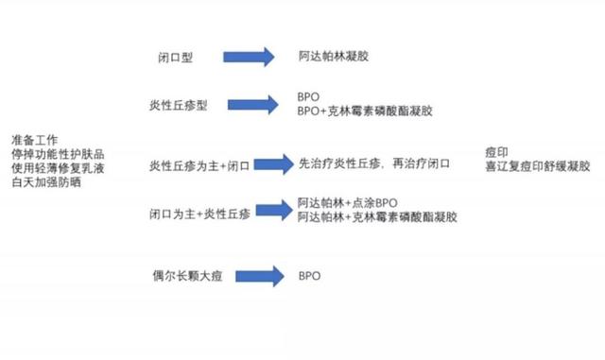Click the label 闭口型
click(x=175, y=57)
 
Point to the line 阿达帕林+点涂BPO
click(x=347, y=202)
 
